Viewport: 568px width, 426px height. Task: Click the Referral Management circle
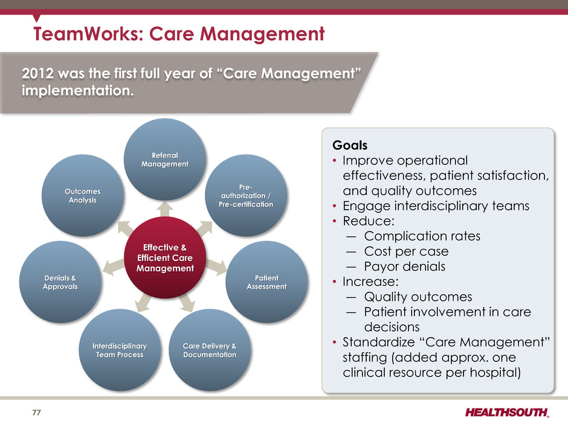[x=165, y=160]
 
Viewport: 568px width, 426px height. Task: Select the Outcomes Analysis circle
[x=83, y=196]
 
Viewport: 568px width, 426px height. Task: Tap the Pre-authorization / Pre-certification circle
[x=246, y=196]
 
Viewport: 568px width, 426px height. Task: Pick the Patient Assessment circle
[x=266, y=282]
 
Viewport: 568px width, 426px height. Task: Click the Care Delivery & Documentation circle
[x=210, y=350]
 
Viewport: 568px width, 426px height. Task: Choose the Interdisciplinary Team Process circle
[x=120, y=350]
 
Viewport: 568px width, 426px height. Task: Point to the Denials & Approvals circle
[x=60, y=282]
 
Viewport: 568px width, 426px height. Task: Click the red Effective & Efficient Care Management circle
[x=165, y=257]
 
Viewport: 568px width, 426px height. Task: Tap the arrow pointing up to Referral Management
[x=165, y=209]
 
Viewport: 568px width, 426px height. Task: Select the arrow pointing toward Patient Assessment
[x=216, y=267]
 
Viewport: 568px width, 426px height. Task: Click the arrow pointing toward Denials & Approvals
[x=114, y=267]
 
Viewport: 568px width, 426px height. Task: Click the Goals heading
[x=350, y=145]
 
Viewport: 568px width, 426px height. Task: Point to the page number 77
[x=37, y=413]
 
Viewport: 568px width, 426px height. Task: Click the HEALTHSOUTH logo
[x=507, y=413]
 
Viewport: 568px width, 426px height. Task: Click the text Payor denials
[x=405, y=266]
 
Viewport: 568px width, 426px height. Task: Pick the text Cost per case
[x=407, y=251]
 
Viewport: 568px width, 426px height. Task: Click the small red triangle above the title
[x=36, y=18]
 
